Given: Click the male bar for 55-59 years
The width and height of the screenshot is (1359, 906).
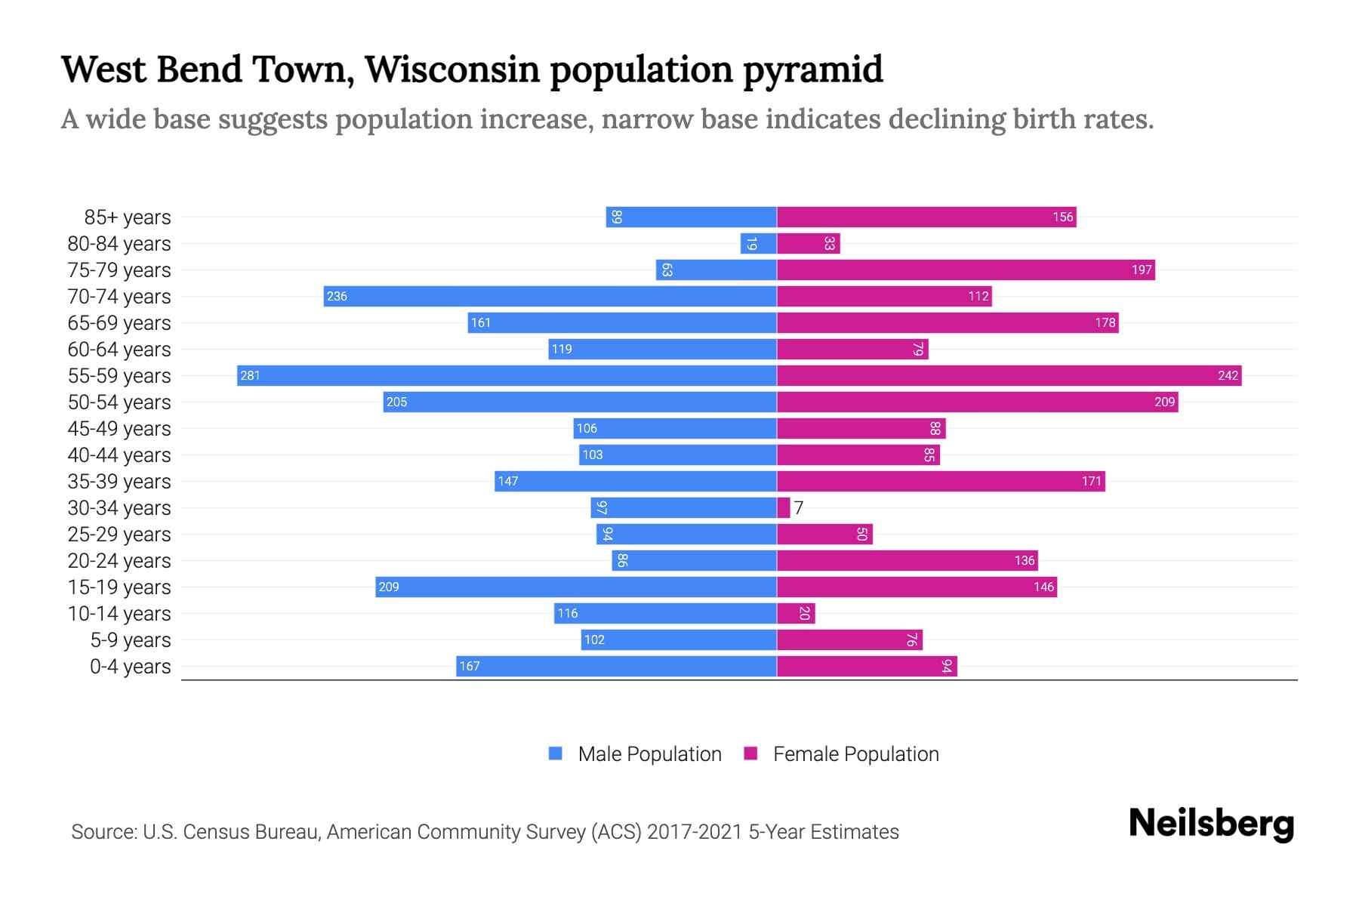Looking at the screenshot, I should click(506, 375).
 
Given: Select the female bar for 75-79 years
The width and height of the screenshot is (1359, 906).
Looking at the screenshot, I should click(966, 270).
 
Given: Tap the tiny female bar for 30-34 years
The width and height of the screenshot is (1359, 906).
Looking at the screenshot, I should click(784, 507).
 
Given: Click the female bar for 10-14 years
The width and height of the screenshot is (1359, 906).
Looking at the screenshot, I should click(796, 613).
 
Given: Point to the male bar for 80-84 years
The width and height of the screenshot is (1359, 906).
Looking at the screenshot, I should click(758, 243).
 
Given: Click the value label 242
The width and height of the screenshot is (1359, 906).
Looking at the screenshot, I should click(1228, 375).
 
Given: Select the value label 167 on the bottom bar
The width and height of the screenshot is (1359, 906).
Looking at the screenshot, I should click(470, 666).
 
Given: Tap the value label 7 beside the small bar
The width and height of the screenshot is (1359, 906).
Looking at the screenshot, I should click(799, 508).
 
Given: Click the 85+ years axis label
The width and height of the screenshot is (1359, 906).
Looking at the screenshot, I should click(127, 217).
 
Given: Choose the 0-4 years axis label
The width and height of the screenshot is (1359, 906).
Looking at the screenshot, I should click(130, 667).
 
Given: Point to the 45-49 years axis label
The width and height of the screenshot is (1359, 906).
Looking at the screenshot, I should click(119, 429).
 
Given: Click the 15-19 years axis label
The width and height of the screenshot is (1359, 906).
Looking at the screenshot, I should click(119, 587).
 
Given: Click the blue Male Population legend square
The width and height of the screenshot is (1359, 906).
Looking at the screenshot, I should click(556, 753).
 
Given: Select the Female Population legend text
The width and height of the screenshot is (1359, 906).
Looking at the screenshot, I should click(855, 754).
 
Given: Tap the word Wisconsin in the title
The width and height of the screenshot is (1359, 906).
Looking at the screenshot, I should click(453, 69).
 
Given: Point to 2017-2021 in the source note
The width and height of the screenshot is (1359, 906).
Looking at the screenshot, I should click(695, 832).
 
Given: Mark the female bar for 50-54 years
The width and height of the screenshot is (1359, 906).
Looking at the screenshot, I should click(977, 402).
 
